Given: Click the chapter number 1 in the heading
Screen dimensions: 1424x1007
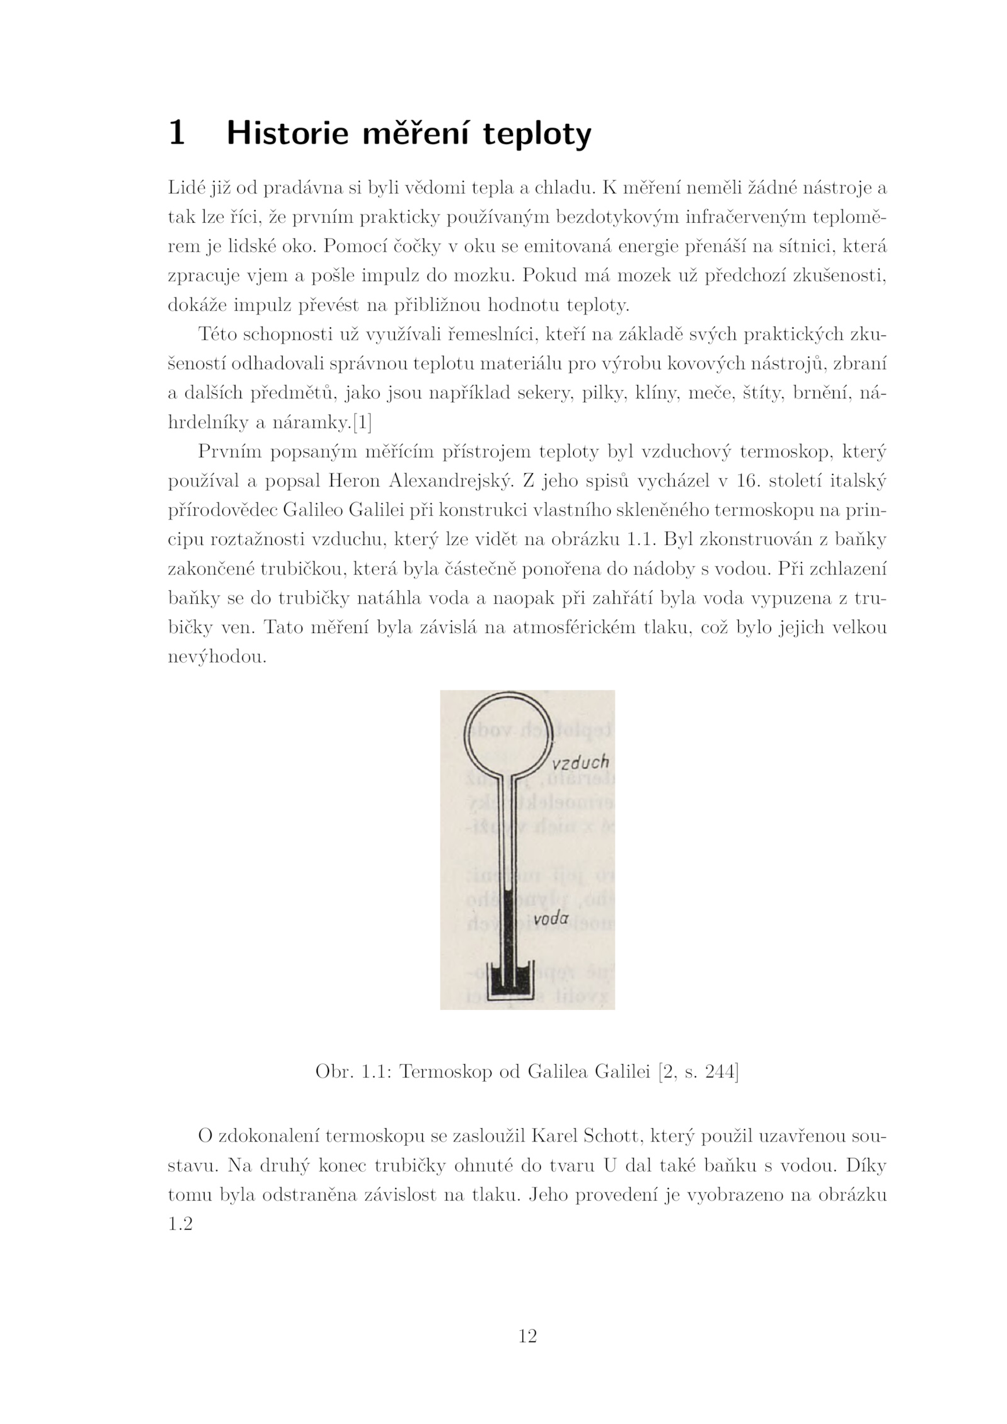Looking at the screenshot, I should [x=177, y=133].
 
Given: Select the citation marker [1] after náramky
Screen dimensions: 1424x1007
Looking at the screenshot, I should [x=362, y=423].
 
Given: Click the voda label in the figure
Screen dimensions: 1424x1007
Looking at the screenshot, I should [x=551, y=918].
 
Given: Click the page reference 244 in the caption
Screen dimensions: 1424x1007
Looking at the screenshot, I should [x=721, y=1072].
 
